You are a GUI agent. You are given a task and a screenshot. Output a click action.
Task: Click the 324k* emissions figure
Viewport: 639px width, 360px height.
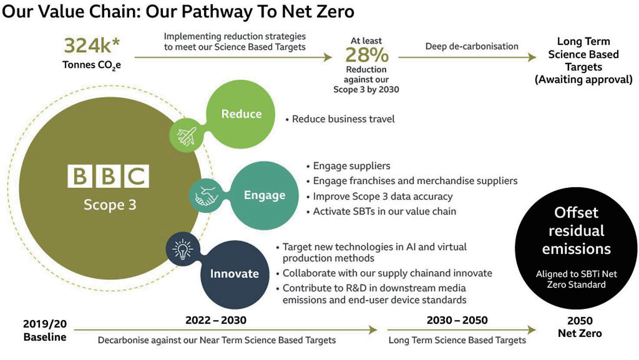92,46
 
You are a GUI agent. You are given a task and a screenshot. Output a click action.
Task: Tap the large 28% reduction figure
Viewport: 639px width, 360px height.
367,55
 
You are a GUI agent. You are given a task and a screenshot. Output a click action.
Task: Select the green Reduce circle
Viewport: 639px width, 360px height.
241,114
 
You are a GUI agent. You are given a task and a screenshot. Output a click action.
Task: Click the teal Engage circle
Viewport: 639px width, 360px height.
264,195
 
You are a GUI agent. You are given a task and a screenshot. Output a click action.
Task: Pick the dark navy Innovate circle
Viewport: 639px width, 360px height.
234,274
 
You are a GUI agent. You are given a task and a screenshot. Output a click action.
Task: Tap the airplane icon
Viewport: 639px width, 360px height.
187,136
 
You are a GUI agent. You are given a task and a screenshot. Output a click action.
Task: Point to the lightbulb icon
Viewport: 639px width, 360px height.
183,249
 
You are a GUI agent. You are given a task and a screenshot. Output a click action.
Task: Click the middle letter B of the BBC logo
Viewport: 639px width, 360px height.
108,176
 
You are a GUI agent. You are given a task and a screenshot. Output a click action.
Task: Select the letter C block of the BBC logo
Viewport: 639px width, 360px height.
136,176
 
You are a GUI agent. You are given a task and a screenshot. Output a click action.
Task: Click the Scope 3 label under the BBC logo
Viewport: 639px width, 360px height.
110,205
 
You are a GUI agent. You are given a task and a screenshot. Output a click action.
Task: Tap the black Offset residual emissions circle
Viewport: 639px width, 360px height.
576,248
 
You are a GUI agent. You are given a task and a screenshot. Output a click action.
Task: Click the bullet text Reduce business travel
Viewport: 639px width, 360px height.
343,119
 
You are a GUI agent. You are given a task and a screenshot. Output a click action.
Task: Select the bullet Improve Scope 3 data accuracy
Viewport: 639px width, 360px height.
383,196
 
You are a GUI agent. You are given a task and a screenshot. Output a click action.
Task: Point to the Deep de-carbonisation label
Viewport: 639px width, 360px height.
472,46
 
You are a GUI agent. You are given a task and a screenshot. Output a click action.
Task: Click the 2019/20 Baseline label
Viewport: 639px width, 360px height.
45,330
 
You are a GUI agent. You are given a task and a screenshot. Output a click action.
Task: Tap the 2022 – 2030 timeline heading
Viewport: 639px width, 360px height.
216,320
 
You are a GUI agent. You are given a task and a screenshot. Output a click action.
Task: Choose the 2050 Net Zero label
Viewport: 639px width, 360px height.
580,327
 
